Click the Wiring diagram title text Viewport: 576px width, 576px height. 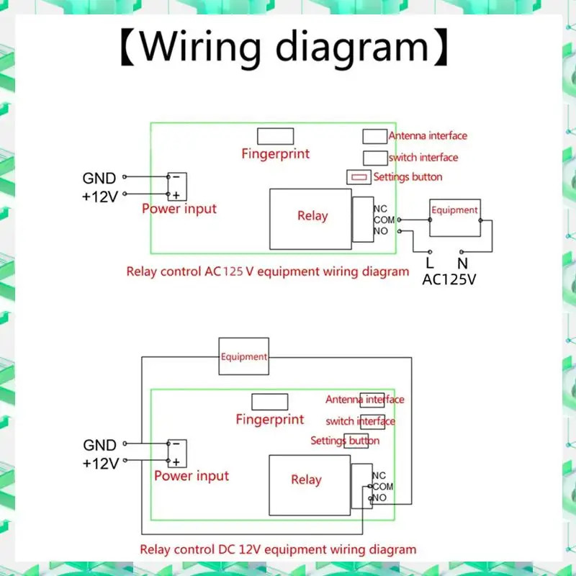(288, 48)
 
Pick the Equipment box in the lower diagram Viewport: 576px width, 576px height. (244, 356)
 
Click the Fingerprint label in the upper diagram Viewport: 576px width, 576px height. (275, 153)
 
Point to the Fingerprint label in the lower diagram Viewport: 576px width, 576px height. (270, 419)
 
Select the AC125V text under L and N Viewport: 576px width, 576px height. (449, 279)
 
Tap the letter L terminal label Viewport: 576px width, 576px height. (430, 264)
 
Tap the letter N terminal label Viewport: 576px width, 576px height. (462, 264)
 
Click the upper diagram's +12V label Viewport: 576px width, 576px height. (99, 196)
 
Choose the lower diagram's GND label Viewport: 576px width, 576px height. (99, 446)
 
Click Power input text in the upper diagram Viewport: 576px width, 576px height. (179, 209)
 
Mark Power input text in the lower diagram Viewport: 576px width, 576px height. (192, 476)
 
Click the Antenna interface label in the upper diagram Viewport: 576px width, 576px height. (428, 135)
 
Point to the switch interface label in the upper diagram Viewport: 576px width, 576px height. (423, 158)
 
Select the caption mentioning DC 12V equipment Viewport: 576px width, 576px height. (278, 549)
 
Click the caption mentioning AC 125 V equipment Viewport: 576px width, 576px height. (267, 272)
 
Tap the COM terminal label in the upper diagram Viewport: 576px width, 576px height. (384, 220)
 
